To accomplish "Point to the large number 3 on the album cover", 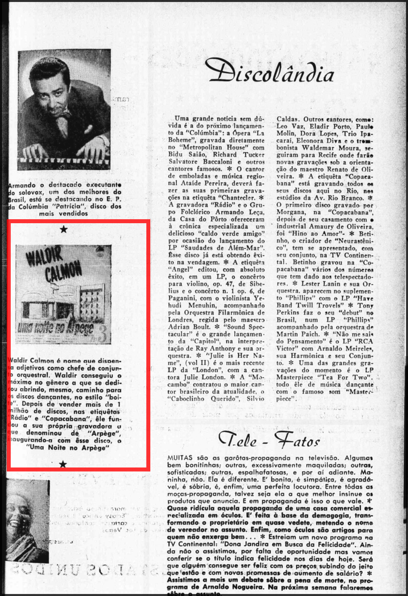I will (x=102, y=335).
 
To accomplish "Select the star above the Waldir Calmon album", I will (x=63, y=229).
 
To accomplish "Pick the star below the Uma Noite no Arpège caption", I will (x=63, y=464).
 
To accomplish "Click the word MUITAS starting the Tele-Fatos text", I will (x=180, y=458).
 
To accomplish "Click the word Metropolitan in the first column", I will (x=214, y=147).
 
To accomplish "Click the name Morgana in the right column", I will (x=291, y=212).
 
